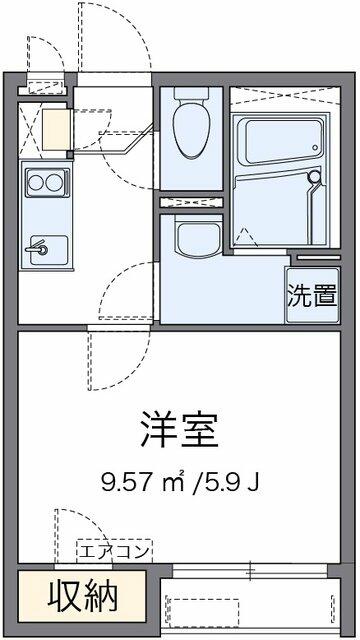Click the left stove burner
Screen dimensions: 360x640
[x=35, y=182]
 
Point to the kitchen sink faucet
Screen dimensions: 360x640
[x=37, y=249]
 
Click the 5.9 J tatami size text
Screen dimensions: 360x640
[x=229, y=483]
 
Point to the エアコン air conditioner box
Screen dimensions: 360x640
[x=114, y=552]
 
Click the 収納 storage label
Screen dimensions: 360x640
[x=83, y=597]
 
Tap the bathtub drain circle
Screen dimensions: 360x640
[x=316, y=147]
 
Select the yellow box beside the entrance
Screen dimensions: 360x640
[x=57, y=129]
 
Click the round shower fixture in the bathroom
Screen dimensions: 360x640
[x=314, y=177]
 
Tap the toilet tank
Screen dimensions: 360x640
[x=191, y=93]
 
